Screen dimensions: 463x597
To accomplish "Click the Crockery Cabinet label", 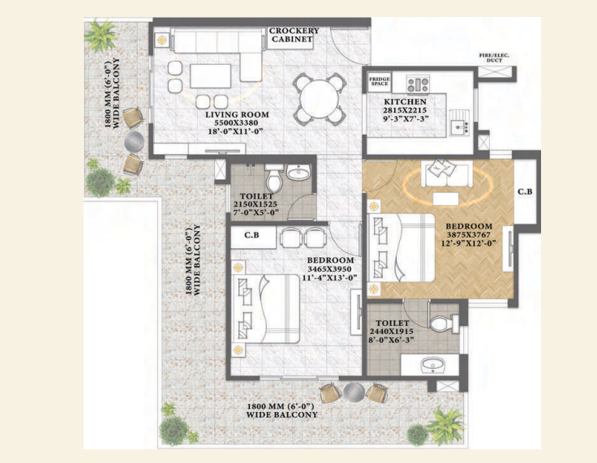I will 294,35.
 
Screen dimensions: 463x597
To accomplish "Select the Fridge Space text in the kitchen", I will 380,82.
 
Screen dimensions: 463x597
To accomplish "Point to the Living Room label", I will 237,114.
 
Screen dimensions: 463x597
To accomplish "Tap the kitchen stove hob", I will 419,82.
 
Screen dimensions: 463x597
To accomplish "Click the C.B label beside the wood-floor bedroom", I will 526,191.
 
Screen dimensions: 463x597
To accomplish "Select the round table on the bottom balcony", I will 354,392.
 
